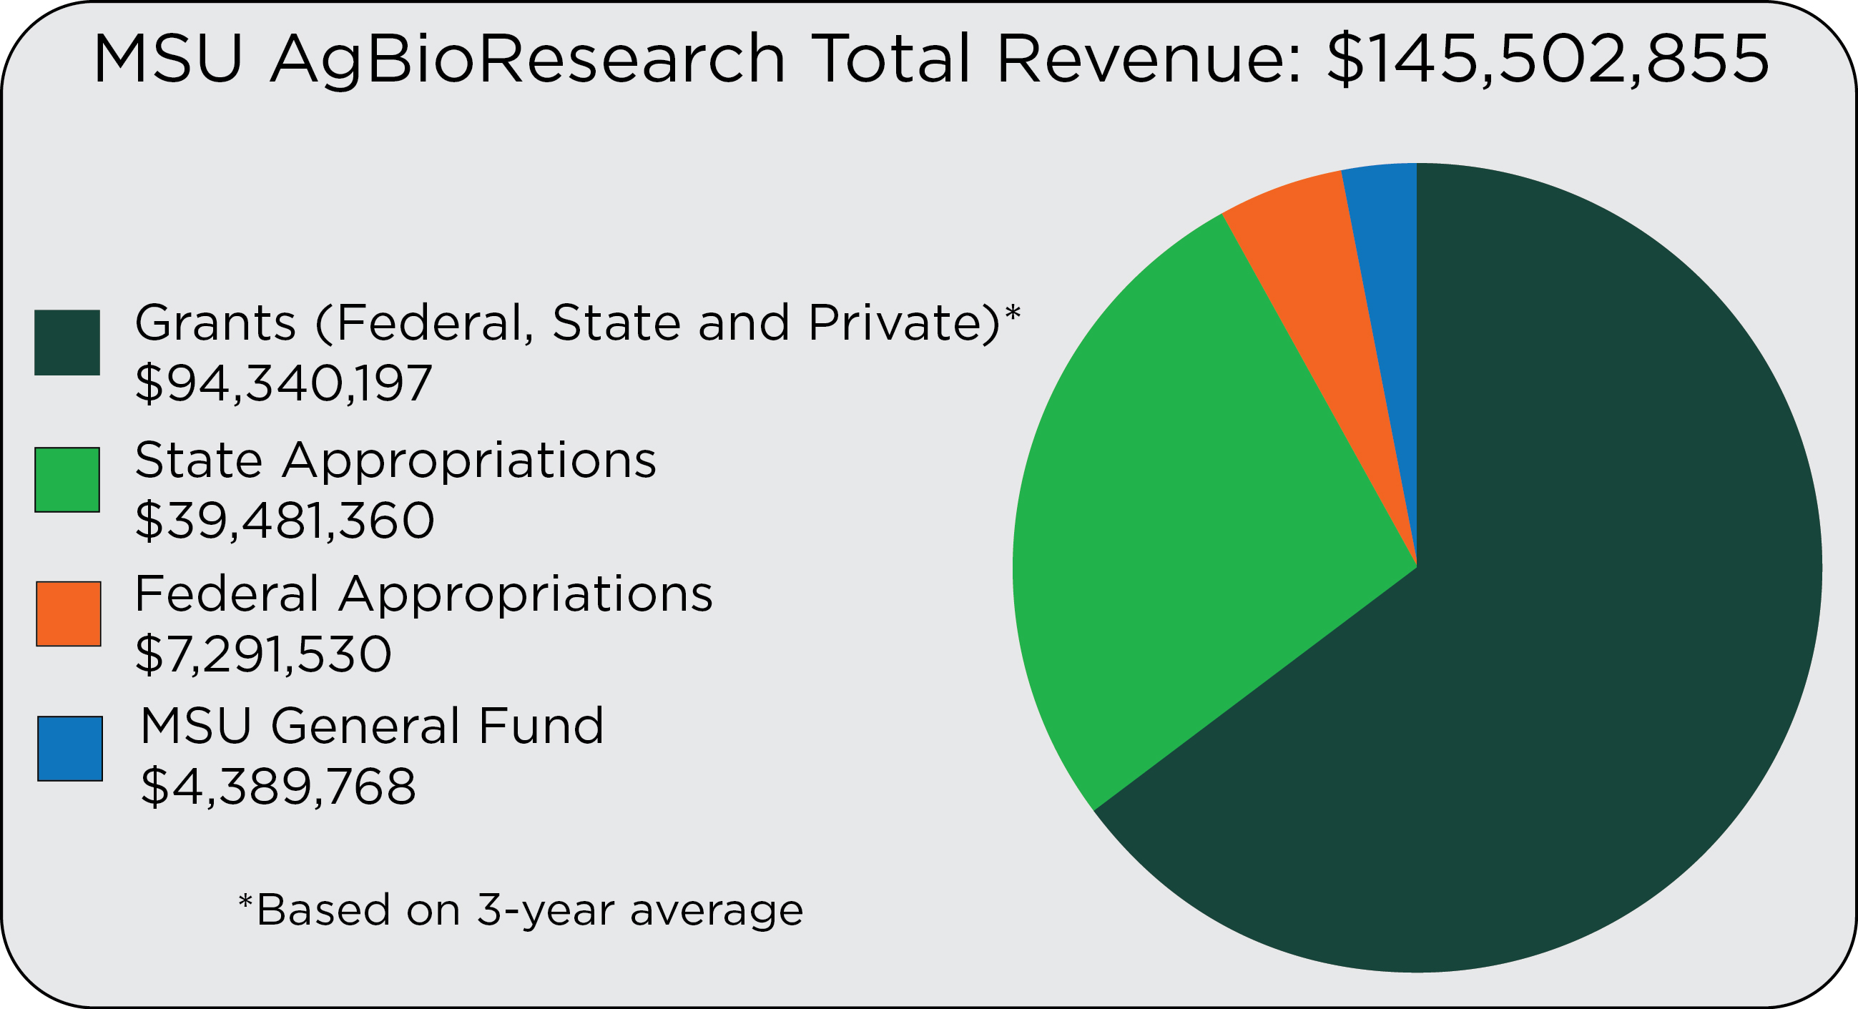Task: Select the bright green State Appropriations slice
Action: pos(1190,519)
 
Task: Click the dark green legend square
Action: pos(67,343)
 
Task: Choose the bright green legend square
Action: pos(67,480)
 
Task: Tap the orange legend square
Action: pos(69,614)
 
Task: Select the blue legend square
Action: pos(70,749)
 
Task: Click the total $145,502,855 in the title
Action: pos(1547,59)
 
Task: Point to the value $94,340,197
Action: pos(283,384)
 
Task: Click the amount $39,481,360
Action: pos(285,521)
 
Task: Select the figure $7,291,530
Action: pos(263,655)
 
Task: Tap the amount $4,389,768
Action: pos(277,787)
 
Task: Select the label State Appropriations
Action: pos(395,460)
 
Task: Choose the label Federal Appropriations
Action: pos(423,594)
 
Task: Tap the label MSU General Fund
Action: pos(371,727)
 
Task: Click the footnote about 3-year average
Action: pos(521,910)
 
